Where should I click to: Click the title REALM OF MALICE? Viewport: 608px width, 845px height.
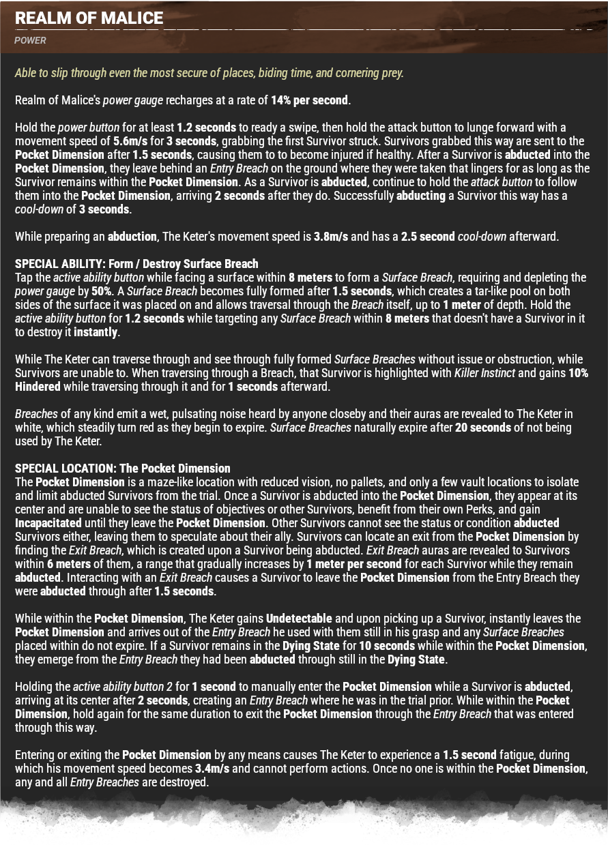(89, 18)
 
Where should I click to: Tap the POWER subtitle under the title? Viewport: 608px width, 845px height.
(31, 40)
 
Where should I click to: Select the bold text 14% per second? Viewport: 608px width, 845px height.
(310, 100)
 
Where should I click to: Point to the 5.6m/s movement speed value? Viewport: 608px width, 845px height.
(132, 141)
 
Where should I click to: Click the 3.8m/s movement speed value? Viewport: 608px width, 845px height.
(331, 237)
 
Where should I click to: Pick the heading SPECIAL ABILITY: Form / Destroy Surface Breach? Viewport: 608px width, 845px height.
(136, 264)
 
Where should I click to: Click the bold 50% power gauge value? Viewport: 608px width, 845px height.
(102, 291)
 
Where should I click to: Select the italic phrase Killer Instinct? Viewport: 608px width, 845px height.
(484, 373)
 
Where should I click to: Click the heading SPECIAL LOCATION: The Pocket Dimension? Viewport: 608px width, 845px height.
(123, 469)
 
